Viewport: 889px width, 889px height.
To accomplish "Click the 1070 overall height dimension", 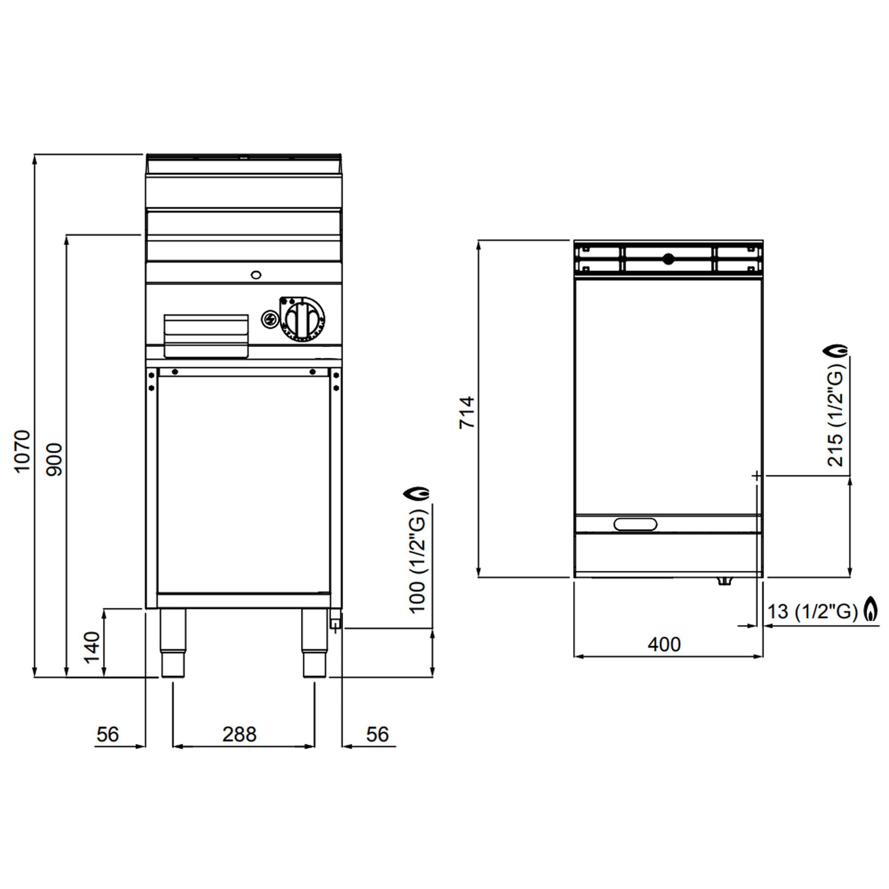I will coord(22,450).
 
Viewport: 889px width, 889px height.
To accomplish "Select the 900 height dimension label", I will coord(55,459).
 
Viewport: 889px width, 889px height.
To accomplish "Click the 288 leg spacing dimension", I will coord(239,735).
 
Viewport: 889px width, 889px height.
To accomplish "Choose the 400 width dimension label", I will coord(664,645).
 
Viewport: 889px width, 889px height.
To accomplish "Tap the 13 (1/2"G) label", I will coord(812,612).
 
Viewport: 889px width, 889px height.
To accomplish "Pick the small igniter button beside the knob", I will coord(269,319).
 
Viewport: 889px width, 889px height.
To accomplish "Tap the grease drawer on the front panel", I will coord(206,336).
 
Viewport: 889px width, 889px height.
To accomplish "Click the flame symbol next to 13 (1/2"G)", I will coord(871,611).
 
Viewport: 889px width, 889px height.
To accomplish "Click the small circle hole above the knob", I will coord(256,275).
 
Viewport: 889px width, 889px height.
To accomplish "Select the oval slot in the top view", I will coord(636,524).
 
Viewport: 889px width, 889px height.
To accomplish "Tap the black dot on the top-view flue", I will coord(668,259).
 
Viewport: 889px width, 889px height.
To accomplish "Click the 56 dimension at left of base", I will coord(108,734).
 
